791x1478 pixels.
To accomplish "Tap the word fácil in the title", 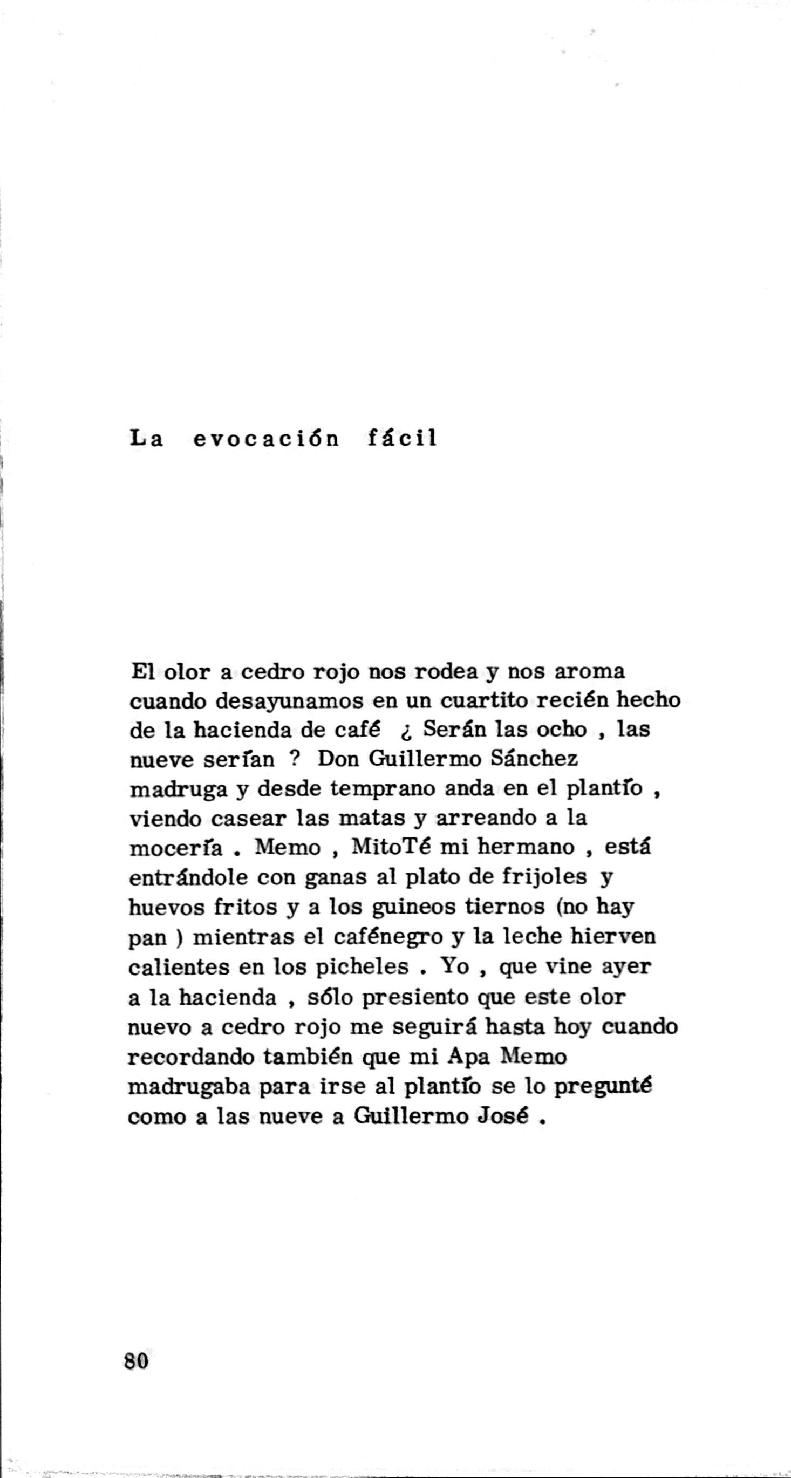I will coord(401,439).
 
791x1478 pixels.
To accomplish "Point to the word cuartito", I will coord(483,700).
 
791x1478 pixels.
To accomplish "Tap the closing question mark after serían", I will coord(295,760).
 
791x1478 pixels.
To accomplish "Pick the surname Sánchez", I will coord(535,759).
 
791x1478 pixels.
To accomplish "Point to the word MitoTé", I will coord(390,847).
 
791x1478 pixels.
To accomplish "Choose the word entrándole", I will coord(188,877).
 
